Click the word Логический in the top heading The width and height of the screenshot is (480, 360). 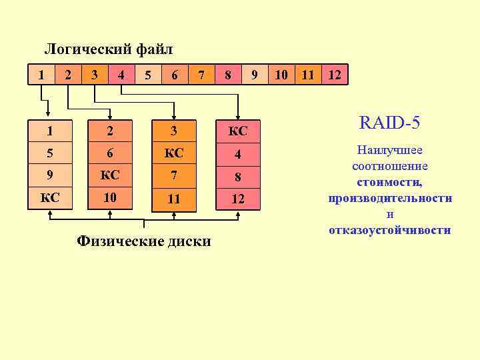[x=88, y=49]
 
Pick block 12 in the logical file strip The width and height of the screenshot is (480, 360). [x=335, y=75]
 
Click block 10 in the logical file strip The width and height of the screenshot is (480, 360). [x=281, y=75]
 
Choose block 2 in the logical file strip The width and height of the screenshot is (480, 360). [x=68, y=75]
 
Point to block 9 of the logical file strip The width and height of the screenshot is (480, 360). [x=255, y=75]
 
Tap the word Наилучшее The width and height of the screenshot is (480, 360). [x=390, y=151]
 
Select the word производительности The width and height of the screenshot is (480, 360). [x=390, y=198]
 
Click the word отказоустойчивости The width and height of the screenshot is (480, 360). [x=390, y=230]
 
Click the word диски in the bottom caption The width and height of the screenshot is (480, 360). [x=188, y=241]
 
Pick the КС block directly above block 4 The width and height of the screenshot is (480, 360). [x=237, y=131]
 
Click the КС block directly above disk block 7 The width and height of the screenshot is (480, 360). [x=174, y=154]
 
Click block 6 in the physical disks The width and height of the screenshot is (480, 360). [x=111, y=154]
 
